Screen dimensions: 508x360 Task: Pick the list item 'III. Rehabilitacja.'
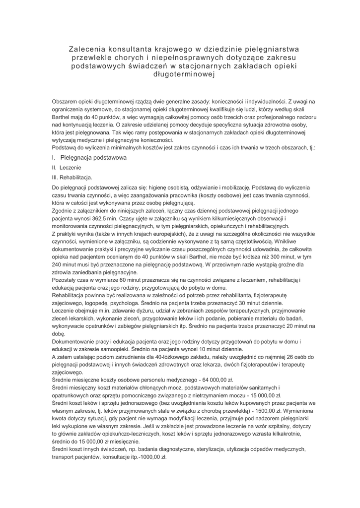[x=72, y=177]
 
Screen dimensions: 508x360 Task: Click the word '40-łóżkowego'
[x=163, y=357]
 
